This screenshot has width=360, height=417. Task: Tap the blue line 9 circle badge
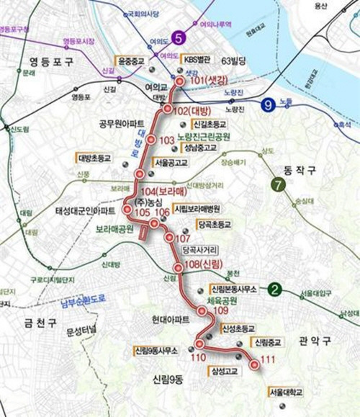(x=268, y=103)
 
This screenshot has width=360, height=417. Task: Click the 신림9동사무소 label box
(x=155, y=351)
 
